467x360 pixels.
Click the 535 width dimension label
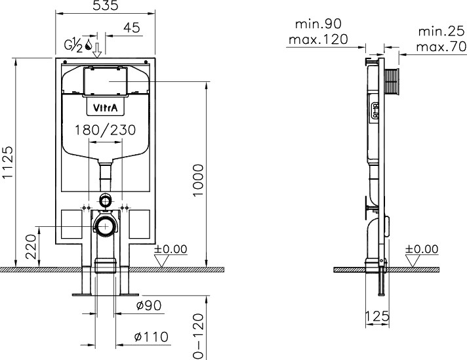coord(106,5)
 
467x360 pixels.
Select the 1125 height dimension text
coord(8,162)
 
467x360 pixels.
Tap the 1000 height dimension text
coord(198,180)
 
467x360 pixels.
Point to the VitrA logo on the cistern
coord(106,108)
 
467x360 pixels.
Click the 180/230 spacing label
coord(105,130)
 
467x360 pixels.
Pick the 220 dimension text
coord(31,247)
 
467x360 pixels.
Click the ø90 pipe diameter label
coord(149,305)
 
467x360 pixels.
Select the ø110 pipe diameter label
coord(152,337)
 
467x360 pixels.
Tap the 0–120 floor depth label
coord(198,336)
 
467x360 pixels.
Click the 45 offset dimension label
coord(132,28)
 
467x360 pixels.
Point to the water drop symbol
coord(89,45)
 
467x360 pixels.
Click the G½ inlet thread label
coord(73,45)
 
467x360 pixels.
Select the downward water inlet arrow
coord(97,50)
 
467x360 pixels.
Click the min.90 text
coord(318,24)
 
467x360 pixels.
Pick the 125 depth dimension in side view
coord(377,316)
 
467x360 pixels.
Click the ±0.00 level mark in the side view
coord(422,249)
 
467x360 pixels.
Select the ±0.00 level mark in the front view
coord(171,249)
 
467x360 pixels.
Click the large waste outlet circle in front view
coord(106,226)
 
